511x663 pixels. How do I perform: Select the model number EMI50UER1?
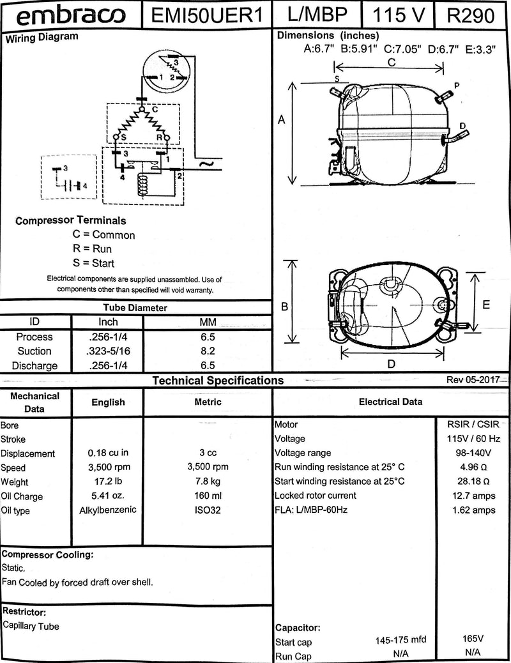point(208,15)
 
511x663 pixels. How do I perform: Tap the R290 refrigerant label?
point(471,15)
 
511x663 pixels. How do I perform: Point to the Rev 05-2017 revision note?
point(473,379)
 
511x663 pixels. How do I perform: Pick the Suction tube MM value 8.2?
point(208,351)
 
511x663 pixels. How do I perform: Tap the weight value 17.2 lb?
point(108,482)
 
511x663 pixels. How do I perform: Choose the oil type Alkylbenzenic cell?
point(108,510)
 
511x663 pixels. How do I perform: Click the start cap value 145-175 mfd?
point(400,640)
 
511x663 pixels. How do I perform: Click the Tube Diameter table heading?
point(135,308)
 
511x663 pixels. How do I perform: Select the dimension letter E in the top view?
point(486,305)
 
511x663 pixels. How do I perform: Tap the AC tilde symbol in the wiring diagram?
point(208,164)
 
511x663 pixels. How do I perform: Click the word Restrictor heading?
point(24,611)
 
